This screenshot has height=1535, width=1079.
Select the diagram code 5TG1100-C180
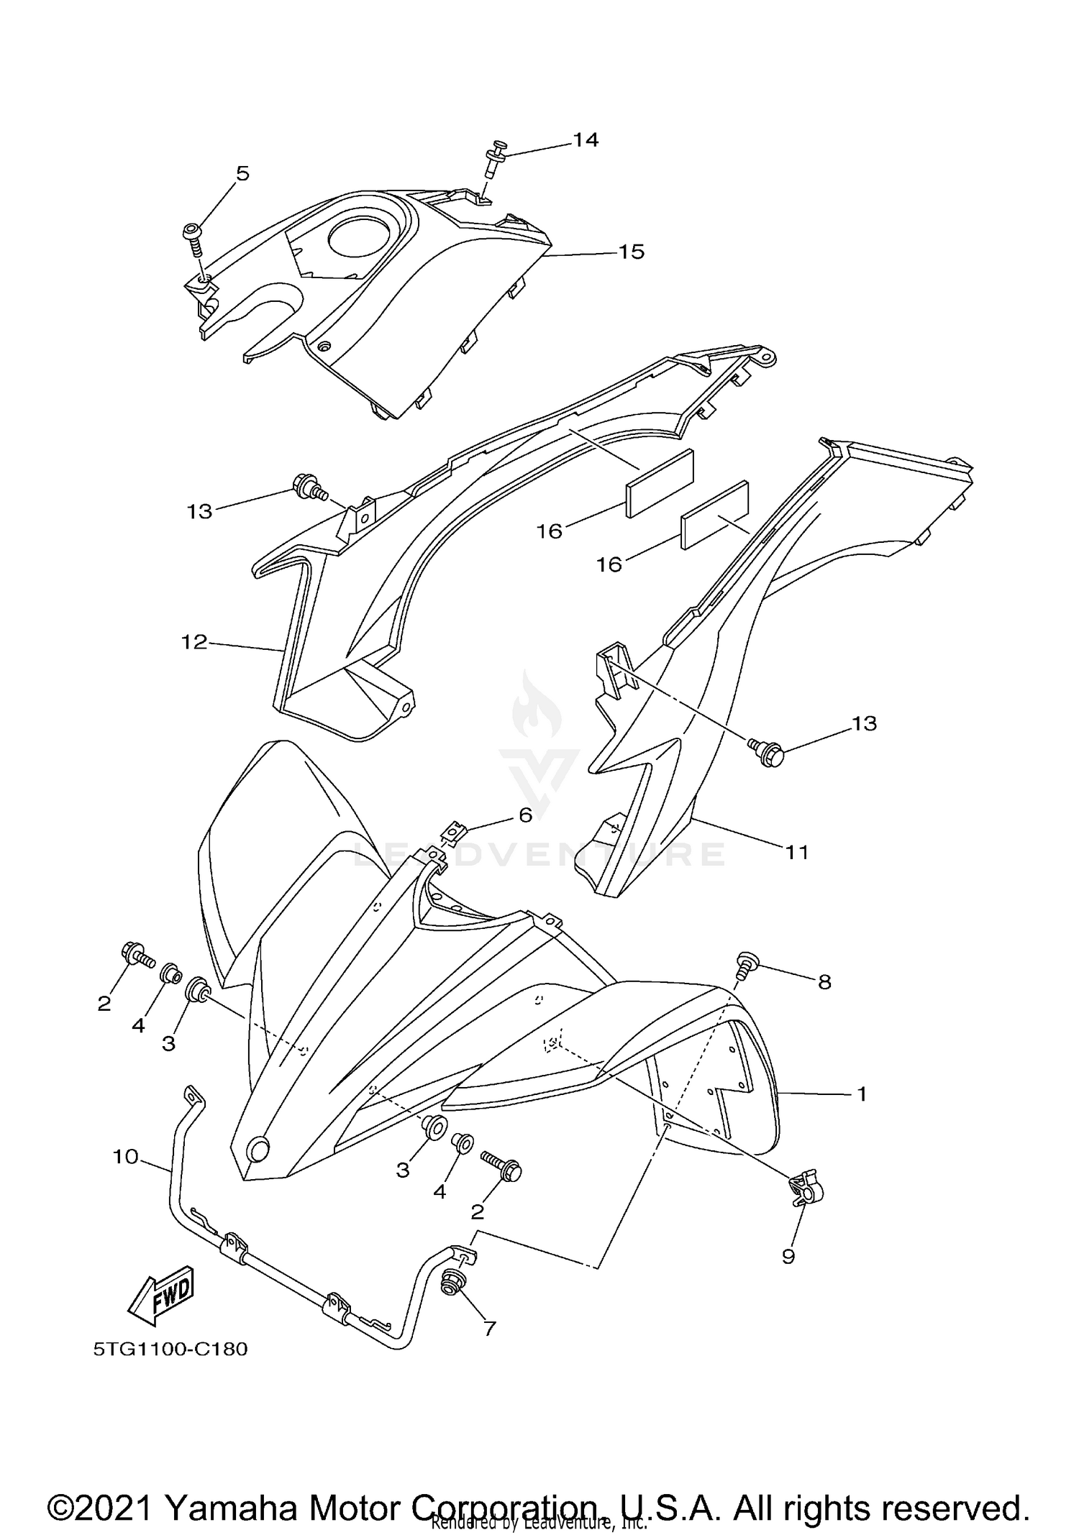click(x=170, y=1349)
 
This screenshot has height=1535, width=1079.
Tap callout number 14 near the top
click(x=586, y=140)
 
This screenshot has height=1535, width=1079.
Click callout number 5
click(x=242, y=173)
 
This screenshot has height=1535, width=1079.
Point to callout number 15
click(x=631, y=252)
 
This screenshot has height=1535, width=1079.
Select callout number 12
click(x=194, y=641)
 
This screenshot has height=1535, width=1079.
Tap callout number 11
click(x=797, y=853)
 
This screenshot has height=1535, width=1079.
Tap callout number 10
click(x=125, y=1157)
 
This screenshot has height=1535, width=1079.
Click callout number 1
click(x=861, y=1095)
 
